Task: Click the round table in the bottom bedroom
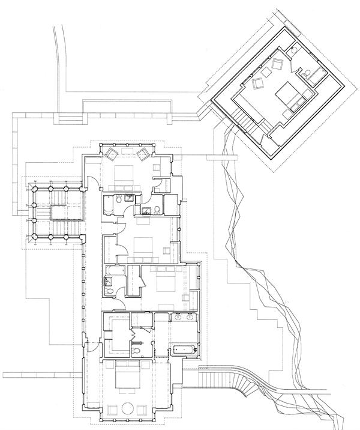(127, 408)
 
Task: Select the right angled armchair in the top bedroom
(144, 153)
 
